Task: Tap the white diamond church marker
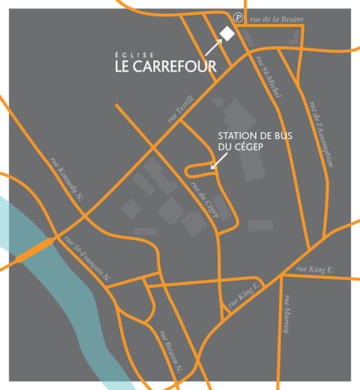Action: coord(226,33)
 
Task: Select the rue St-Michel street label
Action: coord(270,78)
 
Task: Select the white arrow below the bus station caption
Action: coord(213,164)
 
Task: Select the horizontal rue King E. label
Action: coord(315,268)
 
